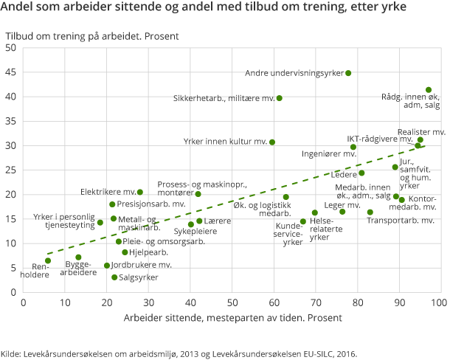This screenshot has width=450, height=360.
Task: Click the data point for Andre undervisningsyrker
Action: (348, 73)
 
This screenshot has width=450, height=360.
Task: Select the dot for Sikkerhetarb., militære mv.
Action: (279, 98)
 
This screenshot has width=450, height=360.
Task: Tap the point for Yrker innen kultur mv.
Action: (272, 142)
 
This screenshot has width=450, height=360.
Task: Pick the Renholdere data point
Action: (48, 260)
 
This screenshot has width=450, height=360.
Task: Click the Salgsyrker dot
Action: (114, 277)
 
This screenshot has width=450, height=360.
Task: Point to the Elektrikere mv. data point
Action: (140, 193)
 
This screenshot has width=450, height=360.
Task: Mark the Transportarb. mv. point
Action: (370, 212)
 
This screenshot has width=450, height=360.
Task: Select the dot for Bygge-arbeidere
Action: (78, 257)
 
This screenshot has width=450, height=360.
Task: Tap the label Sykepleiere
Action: (195, 231)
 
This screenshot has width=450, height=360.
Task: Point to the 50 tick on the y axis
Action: (12, 48)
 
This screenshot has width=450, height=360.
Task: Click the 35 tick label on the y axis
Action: (12, 121)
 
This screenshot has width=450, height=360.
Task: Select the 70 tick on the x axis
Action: (316, 302)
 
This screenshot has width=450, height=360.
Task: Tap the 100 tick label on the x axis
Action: (440, 302)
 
